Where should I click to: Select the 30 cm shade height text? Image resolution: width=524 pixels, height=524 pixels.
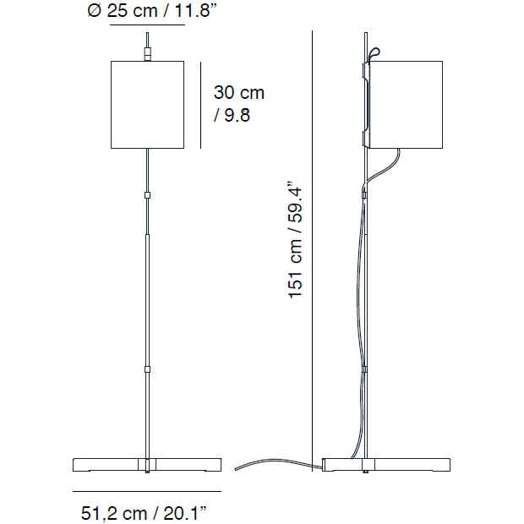coord(238,92)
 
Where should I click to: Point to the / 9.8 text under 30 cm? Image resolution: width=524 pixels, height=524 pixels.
coord(232,116)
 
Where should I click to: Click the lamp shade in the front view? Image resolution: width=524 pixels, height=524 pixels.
coord(148,104)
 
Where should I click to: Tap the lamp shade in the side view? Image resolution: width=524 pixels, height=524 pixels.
coord(406,104)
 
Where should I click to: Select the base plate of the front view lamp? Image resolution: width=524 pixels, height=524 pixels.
coord(147,464)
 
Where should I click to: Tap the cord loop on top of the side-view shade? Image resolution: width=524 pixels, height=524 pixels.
coord(374,55)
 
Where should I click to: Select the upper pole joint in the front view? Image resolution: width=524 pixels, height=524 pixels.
coord(148,194)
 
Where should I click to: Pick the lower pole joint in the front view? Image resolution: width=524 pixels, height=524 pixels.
coord(148,369)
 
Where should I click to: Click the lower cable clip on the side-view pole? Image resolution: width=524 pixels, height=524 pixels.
coord(365,369)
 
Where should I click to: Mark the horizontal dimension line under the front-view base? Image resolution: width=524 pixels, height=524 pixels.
coord(147,491)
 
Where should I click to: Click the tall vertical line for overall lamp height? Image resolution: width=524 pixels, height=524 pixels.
coord(312,254)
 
